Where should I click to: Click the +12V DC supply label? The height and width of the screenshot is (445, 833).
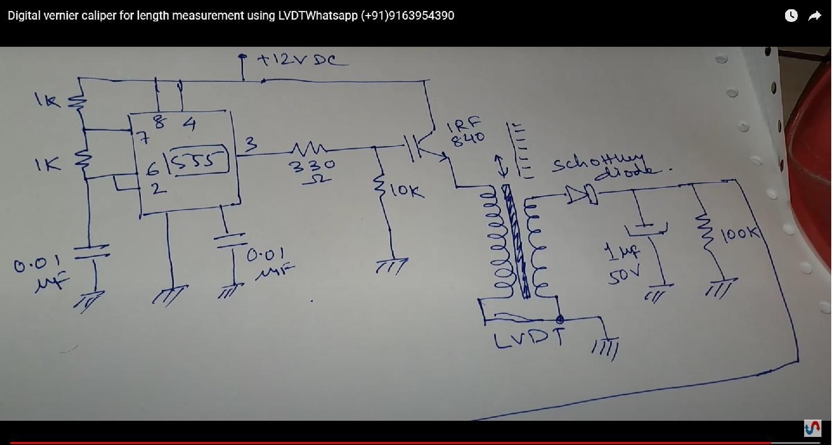tap(303, 59)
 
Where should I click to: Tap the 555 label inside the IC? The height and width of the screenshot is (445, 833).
tap(199, 160)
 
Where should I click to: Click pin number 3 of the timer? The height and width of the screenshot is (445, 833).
tap(250, 144)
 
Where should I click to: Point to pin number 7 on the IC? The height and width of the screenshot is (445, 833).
tap(142, 139)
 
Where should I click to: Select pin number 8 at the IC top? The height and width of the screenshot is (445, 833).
tap(159, 122)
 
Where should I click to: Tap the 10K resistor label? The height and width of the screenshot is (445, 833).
tap(407, 191)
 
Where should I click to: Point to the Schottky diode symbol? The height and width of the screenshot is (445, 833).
tap(582, 195)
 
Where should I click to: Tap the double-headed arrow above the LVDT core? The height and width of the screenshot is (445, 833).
tap(503, 165)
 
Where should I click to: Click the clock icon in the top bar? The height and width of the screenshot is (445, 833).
tap(791, 16)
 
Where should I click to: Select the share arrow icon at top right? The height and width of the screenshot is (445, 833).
tap(815, 16)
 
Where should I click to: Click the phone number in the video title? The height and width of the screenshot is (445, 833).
tap(408, 16)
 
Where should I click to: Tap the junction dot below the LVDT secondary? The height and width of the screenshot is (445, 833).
tap(559, 319)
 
